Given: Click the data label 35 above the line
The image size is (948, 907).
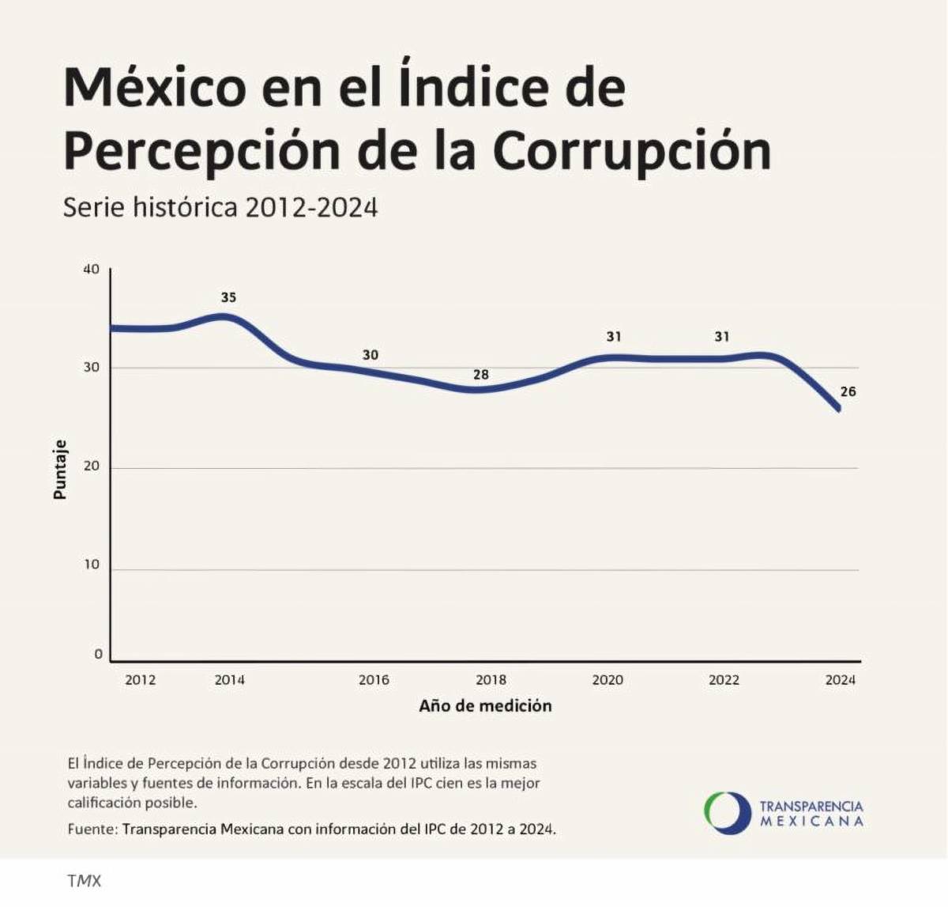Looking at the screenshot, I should pos(228,298).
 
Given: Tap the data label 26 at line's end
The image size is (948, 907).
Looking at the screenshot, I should pos(848,391).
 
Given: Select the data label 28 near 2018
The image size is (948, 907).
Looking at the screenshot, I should pos(481,375).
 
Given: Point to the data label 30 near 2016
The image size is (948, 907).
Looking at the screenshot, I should pos(371,355).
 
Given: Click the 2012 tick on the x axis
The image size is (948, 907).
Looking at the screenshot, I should pos(141,680).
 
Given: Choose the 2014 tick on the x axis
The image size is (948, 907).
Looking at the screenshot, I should pos(230,680).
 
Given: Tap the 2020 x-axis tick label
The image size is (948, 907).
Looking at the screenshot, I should pos(608,680).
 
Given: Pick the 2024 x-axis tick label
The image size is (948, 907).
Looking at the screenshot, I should pos(841,680).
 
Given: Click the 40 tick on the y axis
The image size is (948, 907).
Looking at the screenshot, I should pos(92,270).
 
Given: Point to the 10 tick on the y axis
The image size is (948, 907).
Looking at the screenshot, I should pos(92,565).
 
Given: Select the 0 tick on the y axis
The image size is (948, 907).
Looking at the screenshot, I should pos(98,654).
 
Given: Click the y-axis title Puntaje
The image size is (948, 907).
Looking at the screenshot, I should pos(60,469).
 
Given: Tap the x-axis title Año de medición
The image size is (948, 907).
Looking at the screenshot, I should pos(485,706).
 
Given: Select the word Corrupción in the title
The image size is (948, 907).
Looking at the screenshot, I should pos(632,150).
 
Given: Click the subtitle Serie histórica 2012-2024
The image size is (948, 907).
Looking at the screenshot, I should pos(220,207).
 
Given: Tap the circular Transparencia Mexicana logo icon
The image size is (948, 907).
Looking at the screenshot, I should pos(727,813).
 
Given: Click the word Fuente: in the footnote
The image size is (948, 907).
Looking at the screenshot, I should pos(92,830).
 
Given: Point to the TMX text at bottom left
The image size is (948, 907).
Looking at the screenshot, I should pos(85,881).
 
